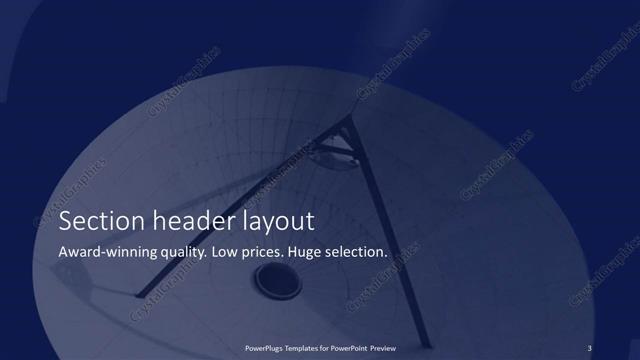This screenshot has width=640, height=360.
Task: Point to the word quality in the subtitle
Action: pos(183,253)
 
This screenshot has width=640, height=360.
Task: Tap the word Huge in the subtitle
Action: pos(306,253)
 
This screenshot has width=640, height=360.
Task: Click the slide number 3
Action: pos(590,347)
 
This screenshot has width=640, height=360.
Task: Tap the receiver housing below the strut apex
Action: pos(332,153)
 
